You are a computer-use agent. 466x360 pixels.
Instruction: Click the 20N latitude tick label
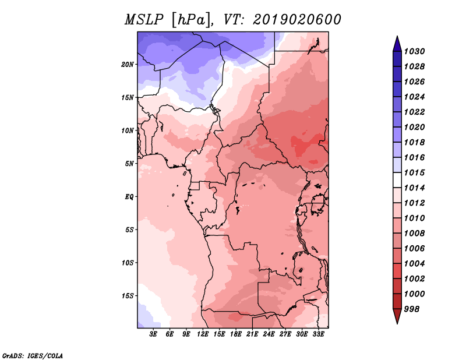128,65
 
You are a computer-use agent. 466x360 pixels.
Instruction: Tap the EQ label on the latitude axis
129,197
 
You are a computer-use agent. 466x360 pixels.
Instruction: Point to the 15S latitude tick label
128,296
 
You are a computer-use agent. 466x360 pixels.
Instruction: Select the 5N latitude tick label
129,164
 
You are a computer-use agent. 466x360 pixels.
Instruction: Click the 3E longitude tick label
153,334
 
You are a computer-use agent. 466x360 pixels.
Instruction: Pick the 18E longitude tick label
236,334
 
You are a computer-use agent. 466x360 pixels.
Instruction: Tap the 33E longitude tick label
318,334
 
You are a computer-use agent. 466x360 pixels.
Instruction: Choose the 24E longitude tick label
269,334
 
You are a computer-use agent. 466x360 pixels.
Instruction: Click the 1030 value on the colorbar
414,51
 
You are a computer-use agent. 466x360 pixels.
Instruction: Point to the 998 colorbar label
412,309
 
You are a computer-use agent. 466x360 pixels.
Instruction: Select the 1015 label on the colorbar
414,172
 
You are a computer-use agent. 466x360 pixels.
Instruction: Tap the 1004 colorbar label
414,264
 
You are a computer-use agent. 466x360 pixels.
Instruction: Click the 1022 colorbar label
414,112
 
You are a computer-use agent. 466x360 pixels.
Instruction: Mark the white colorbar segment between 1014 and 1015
397,180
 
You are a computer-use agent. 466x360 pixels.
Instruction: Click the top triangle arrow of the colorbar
397,44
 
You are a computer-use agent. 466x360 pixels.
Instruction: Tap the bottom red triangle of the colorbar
397,316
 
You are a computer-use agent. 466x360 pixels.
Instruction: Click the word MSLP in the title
144,20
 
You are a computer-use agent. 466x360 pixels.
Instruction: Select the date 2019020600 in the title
297,20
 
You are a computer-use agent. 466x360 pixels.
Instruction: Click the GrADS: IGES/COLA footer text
33,356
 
